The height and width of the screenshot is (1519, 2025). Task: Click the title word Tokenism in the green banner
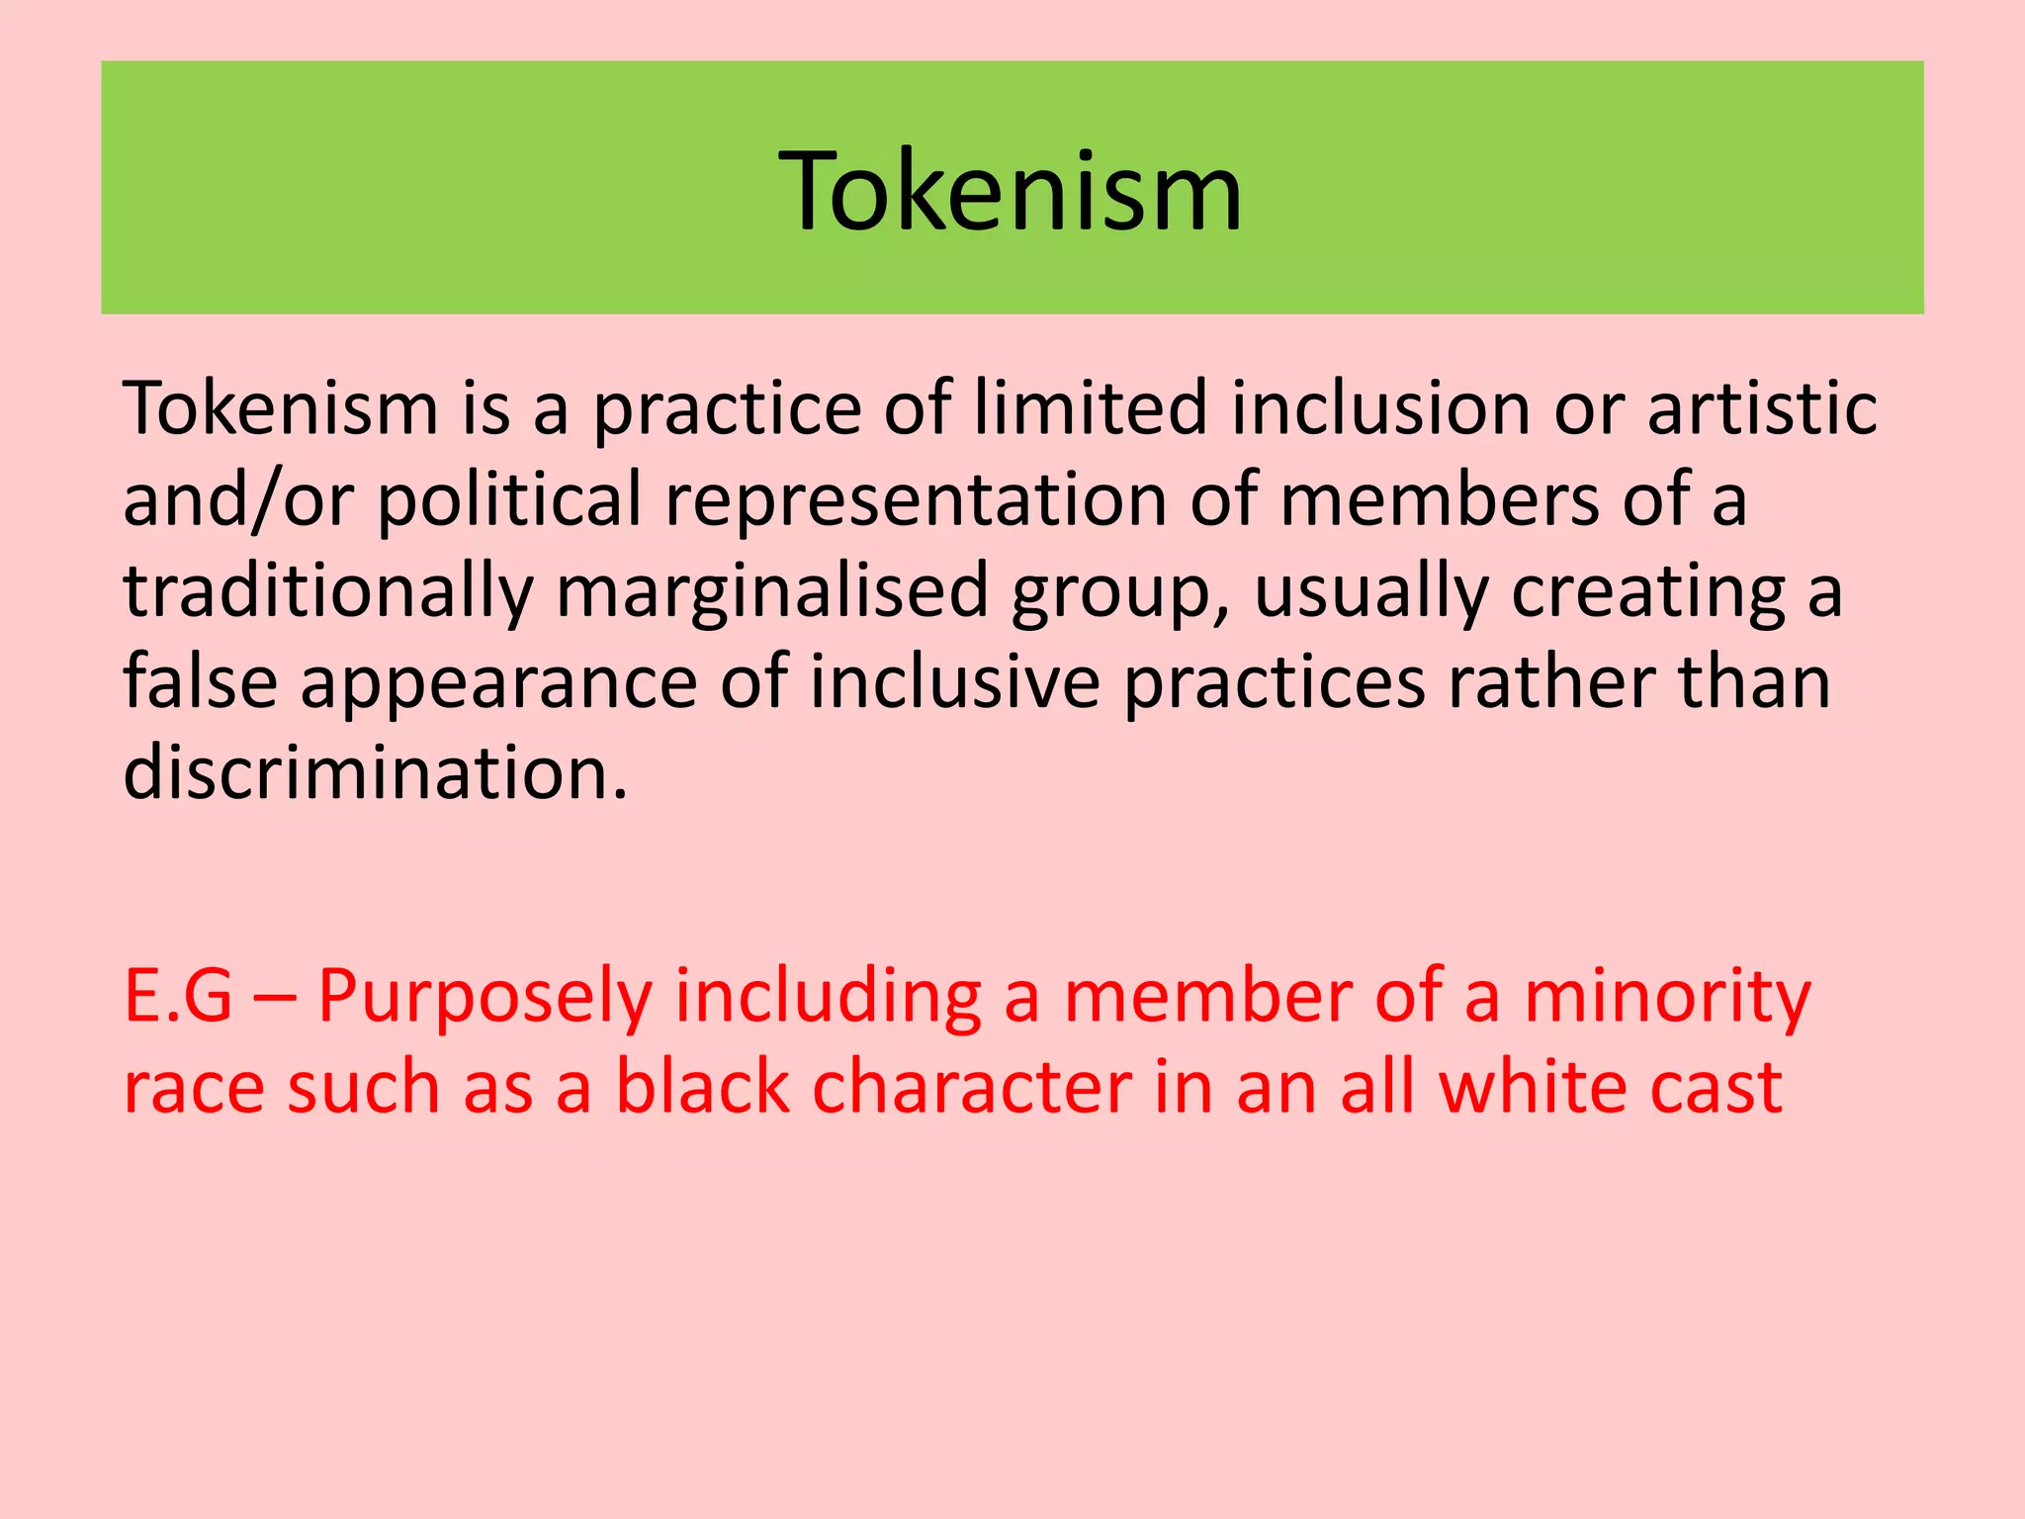(1011, 190)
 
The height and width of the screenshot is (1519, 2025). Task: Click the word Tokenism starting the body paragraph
(281, 407)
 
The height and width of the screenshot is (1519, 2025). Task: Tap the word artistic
(1762, 407)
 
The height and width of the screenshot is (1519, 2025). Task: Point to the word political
(509, 500)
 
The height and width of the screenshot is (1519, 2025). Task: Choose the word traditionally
(327, 591)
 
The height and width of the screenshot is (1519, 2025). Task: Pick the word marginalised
(772, 591)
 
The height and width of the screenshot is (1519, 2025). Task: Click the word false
(201, 682)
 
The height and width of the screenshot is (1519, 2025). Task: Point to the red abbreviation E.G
(179, 997)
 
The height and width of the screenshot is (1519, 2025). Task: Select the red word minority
(1667, 997)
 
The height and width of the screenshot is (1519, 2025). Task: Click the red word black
(703, 1088)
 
